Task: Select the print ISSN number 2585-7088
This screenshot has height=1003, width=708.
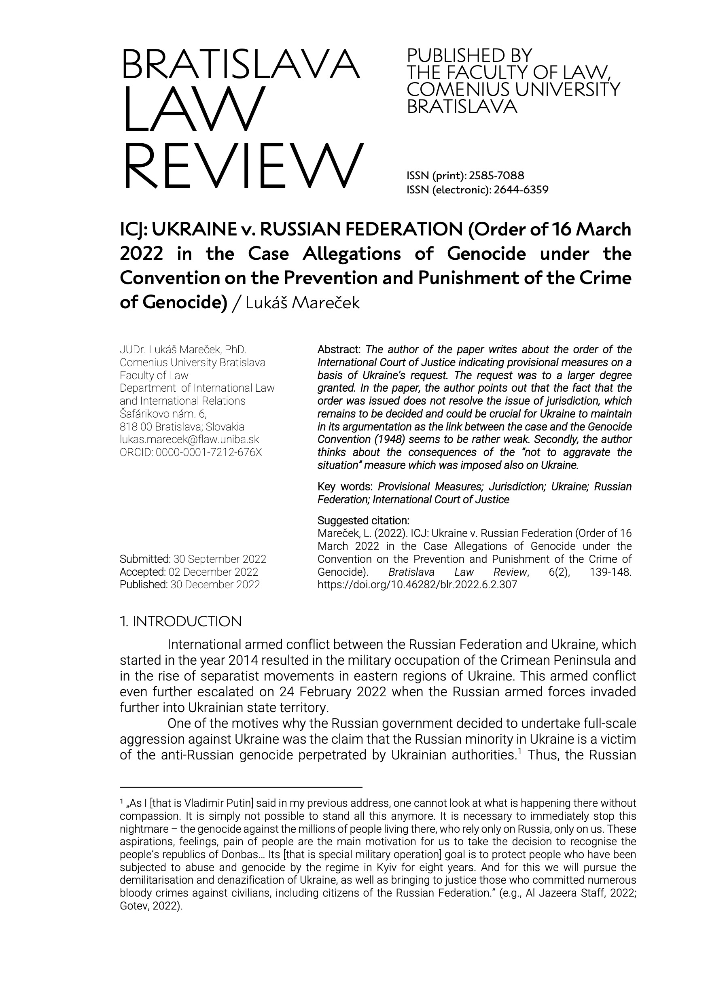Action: click(496, 176)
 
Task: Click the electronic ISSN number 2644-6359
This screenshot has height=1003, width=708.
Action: click(521, 190)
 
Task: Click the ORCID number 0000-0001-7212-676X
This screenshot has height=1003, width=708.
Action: click(209, 452)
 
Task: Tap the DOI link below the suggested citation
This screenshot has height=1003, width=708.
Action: click(417, 585)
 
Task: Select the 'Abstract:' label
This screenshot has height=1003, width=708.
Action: click(339, 350)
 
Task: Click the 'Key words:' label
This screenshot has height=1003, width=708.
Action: click(345, 487)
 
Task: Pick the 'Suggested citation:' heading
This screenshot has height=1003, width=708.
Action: click(363, 521)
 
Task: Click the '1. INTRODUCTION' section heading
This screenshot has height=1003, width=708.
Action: click(180, 621)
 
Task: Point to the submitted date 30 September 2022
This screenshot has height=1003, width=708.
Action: click(220, 559)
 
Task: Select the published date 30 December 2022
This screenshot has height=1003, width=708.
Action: click(215, 585)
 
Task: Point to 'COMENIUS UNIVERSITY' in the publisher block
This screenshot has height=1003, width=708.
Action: click(513, 89)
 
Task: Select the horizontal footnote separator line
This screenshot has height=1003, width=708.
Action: click(241, 787)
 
